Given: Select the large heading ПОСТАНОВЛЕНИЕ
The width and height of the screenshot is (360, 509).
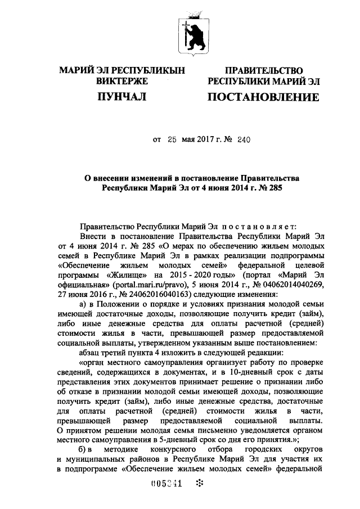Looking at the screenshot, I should (264, 98).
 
